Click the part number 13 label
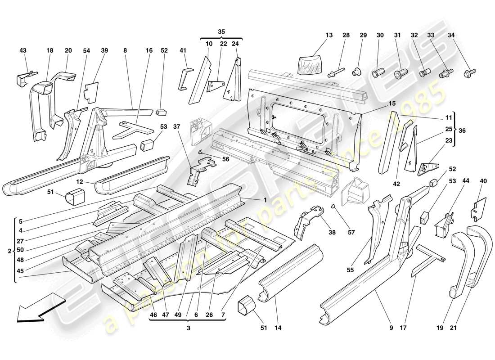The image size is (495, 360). tap(329, 35)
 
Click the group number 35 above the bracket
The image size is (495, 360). tap(221, 32)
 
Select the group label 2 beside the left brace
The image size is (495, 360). tap(9, 252)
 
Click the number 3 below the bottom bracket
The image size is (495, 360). tap(188, 328)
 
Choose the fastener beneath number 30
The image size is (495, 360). tap(378, 72)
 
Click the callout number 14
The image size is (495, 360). tap(278, 328)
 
